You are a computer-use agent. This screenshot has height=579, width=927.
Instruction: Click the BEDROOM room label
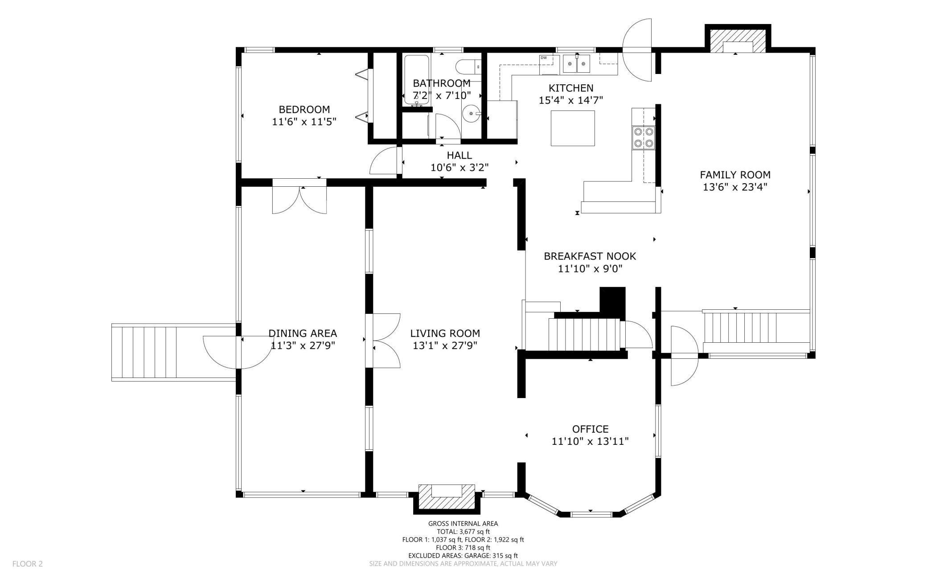tap(304, 109)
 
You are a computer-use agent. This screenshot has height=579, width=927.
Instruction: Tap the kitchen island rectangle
tap(573, 128)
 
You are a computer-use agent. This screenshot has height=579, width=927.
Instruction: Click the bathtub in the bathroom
tap(417, 80)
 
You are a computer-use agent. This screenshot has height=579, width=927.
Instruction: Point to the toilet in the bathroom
tap(468, 66)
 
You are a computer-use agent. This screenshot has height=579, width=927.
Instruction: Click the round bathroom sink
tap(472, 114)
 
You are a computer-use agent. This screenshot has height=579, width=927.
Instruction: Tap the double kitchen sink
tap(577, 64)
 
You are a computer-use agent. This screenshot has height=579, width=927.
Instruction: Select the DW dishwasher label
tap(544, 58)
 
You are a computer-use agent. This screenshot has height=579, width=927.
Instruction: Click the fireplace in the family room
tap(738, 41)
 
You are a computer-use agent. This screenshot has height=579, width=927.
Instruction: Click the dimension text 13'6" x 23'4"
tap(735, 187)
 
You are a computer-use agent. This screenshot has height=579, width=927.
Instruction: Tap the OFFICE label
tap(591, 429)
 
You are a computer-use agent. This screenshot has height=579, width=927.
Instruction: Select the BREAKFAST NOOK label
tap(590, 256)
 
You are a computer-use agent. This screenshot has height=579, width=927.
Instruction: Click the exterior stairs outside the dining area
tap(174, 352)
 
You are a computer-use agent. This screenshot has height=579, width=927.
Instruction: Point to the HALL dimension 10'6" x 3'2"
tap(459, 168)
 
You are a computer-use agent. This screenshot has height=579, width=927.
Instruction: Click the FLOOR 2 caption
tap(28, 564)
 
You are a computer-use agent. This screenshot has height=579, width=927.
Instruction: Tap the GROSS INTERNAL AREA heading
tap(463, 524)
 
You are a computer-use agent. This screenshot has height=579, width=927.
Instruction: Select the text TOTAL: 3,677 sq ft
tap(463, 531)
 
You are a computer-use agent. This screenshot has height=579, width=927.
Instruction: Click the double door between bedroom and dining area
tap(299, 197)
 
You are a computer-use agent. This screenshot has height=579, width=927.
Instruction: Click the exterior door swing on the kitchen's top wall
tap(637, 50)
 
